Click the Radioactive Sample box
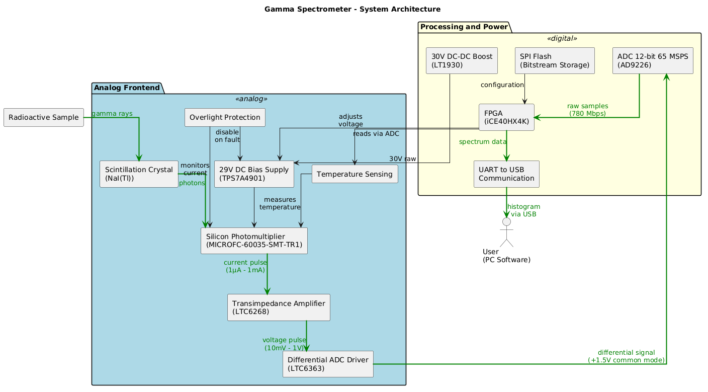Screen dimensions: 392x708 click(x=43, y=117)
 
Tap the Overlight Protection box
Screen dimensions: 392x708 click(x=225, y=117)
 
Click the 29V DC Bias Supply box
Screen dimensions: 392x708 click(x=254, y=174)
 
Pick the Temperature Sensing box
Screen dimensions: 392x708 click(x=355, y=174)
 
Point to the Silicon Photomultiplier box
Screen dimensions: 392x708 click(x=254, y=241)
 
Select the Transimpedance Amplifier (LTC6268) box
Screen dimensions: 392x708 click(x=279, y=307)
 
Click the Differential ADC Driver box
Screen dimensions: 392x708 click(x=328, y=364)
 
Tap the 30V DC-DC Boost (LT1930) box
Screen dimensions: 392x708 click(x=461, y=60)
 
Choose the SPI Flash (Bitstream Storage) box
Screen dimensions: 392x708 click(x=555, y=60)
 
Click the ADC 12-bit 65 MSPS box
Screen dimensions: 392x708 click(x=653, y=60)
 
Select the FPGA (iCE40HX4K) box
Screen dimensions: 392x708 click(x=506, y=117)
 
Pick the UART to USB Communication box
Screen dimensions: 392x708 click(x=506, y=174)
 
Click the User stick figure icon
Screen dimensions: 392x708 click(x=506, y=232)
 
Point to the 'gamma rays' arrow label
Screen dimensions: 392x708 click(x=112, y=113)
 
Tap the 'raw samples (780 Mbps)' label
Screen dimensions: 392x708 click(x=587, y=110)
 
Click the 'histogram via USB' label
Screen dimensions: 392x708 click(x=523, y=210)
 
